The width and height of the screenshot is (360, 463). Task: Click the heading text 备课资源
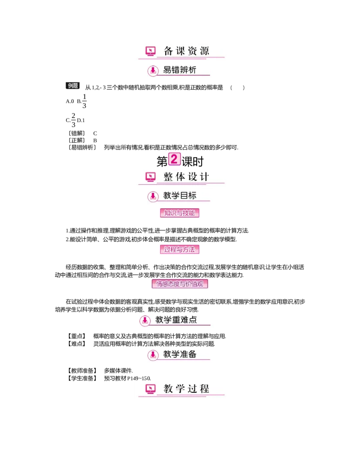click(x=186, y=51)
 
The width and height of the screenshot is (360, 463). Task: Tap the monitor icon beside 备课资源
click(x=150, y=51)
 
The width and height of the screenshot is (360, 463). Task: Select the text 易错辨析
click(x=180, y=70)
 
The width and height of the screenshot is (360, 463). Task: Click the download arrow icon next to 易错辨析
click(x=153, y=70)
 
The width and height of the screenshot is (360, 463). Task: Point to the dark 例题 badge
click(x=73, y=85)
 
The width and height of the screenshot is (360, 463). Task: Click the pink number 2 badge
click(x=175, y=159)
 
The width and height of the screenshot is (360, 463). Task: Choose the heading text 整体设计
click(x=186, y=177)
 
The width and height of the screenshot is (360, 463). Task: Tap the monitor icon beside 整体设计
click(x=150, y=177)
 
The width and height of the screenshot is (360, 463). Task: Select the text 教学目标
click(x=180, y=196)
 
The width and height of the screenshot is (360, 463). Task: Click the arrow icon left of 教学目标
click(x=153, y=196)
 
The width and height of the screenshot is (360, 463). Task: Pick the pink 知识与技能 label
click(x=180, y=213)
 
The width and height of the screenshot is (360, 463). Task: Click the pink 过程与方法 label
click(x=180, y=249)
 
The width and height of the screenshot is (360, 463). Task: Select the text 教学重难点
click(x=176, y=320)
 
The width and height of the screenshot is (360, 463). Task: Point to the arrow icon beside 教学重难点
click(x=144, y=320)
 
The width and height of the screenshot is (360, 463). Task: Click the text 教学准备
click(x=180, y=354)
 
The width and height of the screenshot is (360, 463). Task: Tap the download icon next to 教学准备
click(x=153, y=355)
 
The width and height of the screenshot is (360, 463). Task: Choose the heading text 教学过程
click(x=186, y=389)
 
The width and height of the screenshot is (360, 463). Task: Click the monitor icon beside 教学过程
click(x=150, y=389)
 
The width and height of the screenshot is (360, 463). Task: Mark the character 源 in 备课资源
click(x=205, y=51)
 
